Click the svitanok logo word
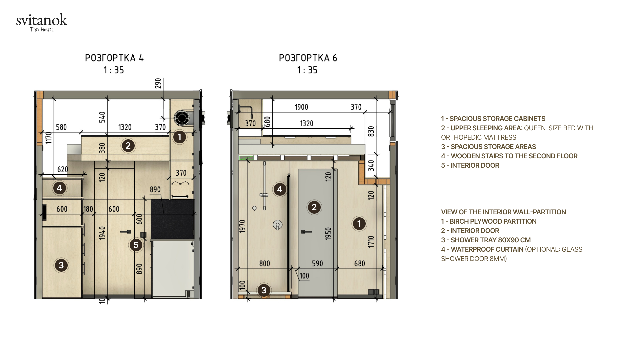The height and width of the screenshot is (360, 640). [42, 20]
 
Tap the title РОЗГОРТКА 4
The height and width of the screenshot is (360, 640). [114, 58]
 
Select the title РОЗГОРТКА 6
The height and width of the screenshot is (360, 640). [308, 58]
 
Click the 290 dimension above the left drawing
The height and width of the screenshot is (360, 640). [158, 83]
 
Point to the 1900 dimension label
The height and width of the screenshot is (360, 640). [301, 107]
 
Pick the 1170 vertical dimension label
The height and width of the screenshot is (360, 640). [49, 138]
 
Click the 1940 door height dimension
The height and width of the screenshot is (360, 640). [102, 233]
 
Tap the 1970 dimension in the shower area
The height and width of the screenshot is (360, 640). [242, 226]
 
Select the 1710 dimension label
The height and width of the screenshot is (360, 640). [371, 242]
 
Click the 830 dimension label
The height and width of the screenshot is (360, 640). [371, 131]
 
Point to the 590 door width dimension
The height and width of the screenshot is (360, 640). [317, 264]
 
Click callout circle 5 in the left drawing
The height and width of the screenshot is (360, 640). [136, 245]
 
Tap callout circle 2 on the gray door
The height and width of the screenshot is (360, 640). [314, 207]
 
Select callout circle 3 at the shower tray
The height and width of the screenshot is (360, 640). [264, 290]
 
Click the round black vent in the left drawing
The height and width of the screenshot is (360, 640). [182, 118]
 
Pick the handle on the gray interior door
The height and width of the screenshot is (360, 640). [306, 232]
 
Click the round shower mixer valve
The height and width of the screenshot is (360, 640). [278, 225]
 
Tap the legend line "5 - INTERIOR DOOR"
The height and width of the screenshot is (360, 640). [470, 165]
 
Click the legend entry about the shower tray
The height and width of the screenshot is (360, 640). [486, 240]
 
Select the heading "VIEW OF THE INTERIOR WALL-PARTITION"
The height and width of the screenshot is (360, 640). [503, 212]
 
